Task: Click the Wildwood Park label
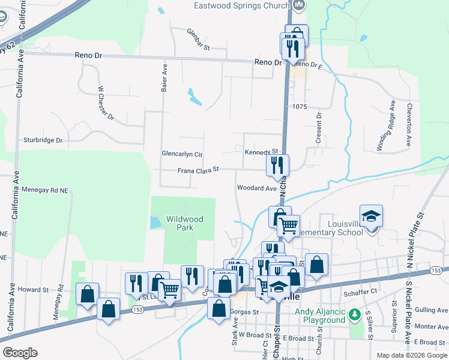(185, 223)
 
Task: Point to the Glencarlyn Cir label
(182, 154)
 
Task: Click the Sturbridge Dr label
(43, 140)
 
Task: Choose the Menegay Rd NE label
(46, 190)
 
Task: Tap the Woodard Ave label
(257, 188)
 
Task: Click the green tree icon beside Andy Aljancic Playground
(355, 314)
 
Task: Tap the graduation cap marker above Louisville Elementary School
(372, 216)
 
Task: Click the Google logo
(20, 353)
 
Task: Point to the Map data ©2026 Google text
(412, 355)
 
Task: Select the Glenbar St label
(197, 40)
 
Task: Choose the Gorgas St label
(244, 312)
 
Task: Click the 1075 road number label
(300, 107)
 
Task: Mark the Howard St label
(32, 289)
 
